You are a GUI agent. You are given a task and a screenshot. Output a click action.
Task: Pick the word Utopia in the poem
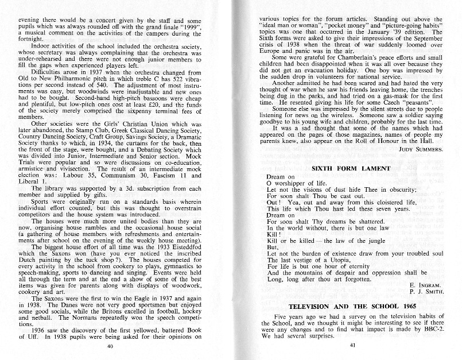tap(319, 261)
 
